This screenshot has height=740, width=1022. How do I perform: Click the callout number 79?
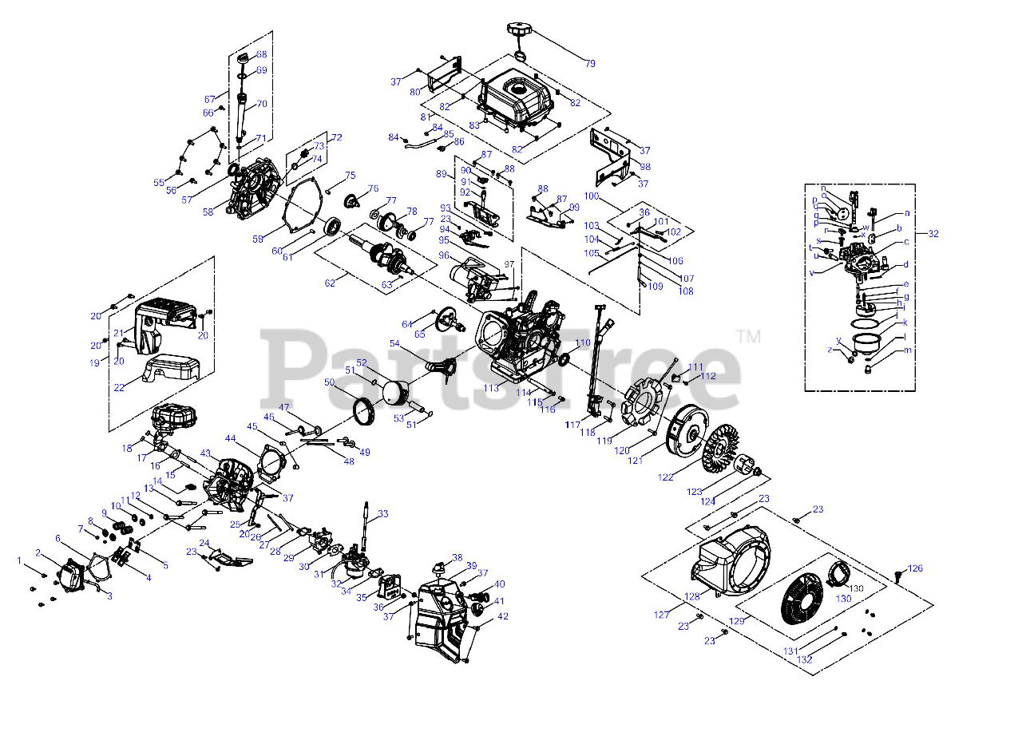point(590,63)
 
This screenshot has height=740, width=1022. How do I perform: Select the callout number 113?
point(490,388)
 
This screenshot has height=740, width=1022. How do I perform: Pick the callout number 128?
point(691,596)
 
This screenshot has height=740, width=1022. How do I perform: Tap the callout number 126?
point(915,569)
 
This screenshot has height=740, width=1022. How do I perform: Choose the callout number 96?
point(444,256)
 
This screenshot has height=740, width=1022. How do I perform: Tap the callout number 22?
point(119,387)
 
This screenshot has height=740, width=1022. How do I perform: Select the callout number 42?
point(502,616)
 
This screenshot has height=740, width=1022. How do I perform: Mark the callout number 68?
point(261,54)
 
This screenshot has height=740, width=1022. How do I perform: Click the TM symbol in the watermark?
point(748,337)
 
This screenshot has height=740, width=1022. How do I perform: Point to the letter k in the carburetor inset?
point(905,323)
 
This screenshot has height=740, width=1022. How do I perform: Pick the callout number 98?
point(645,167)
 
